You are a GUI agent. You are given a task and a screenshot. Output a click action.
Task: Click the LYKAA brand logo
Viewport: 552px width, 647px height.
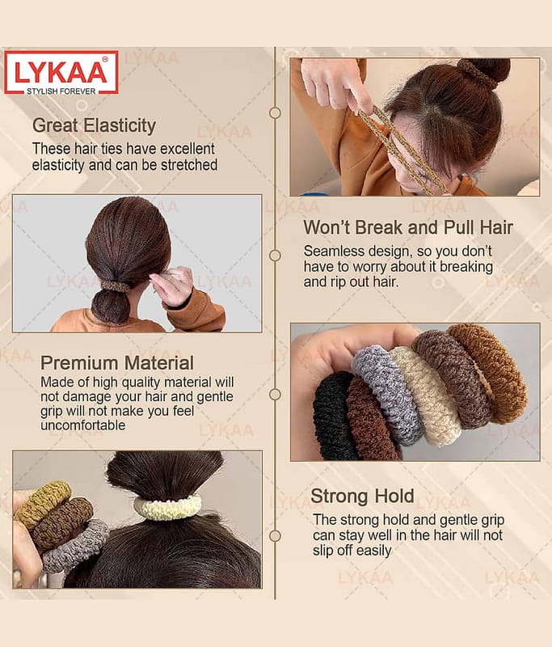tap(61, 73)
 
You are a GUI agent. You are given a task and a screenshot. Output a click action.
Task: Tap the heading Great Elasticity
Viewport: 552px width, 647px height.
tap(94, 126)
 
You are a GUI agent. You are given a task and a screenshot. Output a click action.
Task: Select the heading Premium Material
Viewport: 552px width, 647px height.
tap(117, 363)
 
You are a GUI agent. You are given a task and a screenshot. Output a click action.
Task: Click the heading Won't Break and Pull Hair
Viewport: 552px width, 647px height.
tap(408, 227)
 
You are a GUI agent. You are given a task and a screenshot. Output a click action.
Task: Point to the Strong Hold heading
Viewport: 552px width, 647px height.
tap(362, 496)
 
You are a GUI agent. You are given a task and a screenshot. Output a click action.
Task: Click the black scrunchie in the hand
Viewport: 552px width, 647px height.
tap(333, 417)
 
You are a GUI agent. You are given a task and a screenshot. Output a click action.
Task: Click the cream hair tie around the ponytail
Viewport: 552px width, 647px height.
tap(167, 507)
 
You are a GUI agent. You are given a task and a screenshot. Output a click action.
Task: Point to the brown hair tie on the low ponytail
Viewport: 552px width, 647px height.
tap(115, 285)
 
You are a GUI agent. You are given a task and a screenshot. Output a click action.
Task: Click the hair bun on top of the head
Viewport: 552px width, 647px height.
tap(487, 71)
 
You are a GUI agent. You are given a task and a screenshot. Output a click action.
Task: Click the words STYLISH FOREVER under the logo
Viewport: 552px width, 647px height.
tap(61, 91)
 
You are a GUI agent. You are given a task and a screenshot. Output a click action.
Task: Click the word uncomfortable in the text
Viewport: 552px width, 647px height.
tap(83, 425)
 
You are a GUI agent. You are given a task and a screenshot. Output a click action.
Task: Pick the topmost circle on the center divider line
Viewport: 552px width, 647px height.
tap(275, 112)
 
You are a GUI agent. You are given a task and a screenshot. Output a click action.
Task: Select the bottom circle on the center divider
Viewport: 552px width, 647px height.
tap(275, 536)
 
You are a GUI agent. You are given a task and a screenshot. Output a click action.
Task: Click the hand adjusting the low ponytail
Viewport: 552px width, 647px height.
tap(172, 285)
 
